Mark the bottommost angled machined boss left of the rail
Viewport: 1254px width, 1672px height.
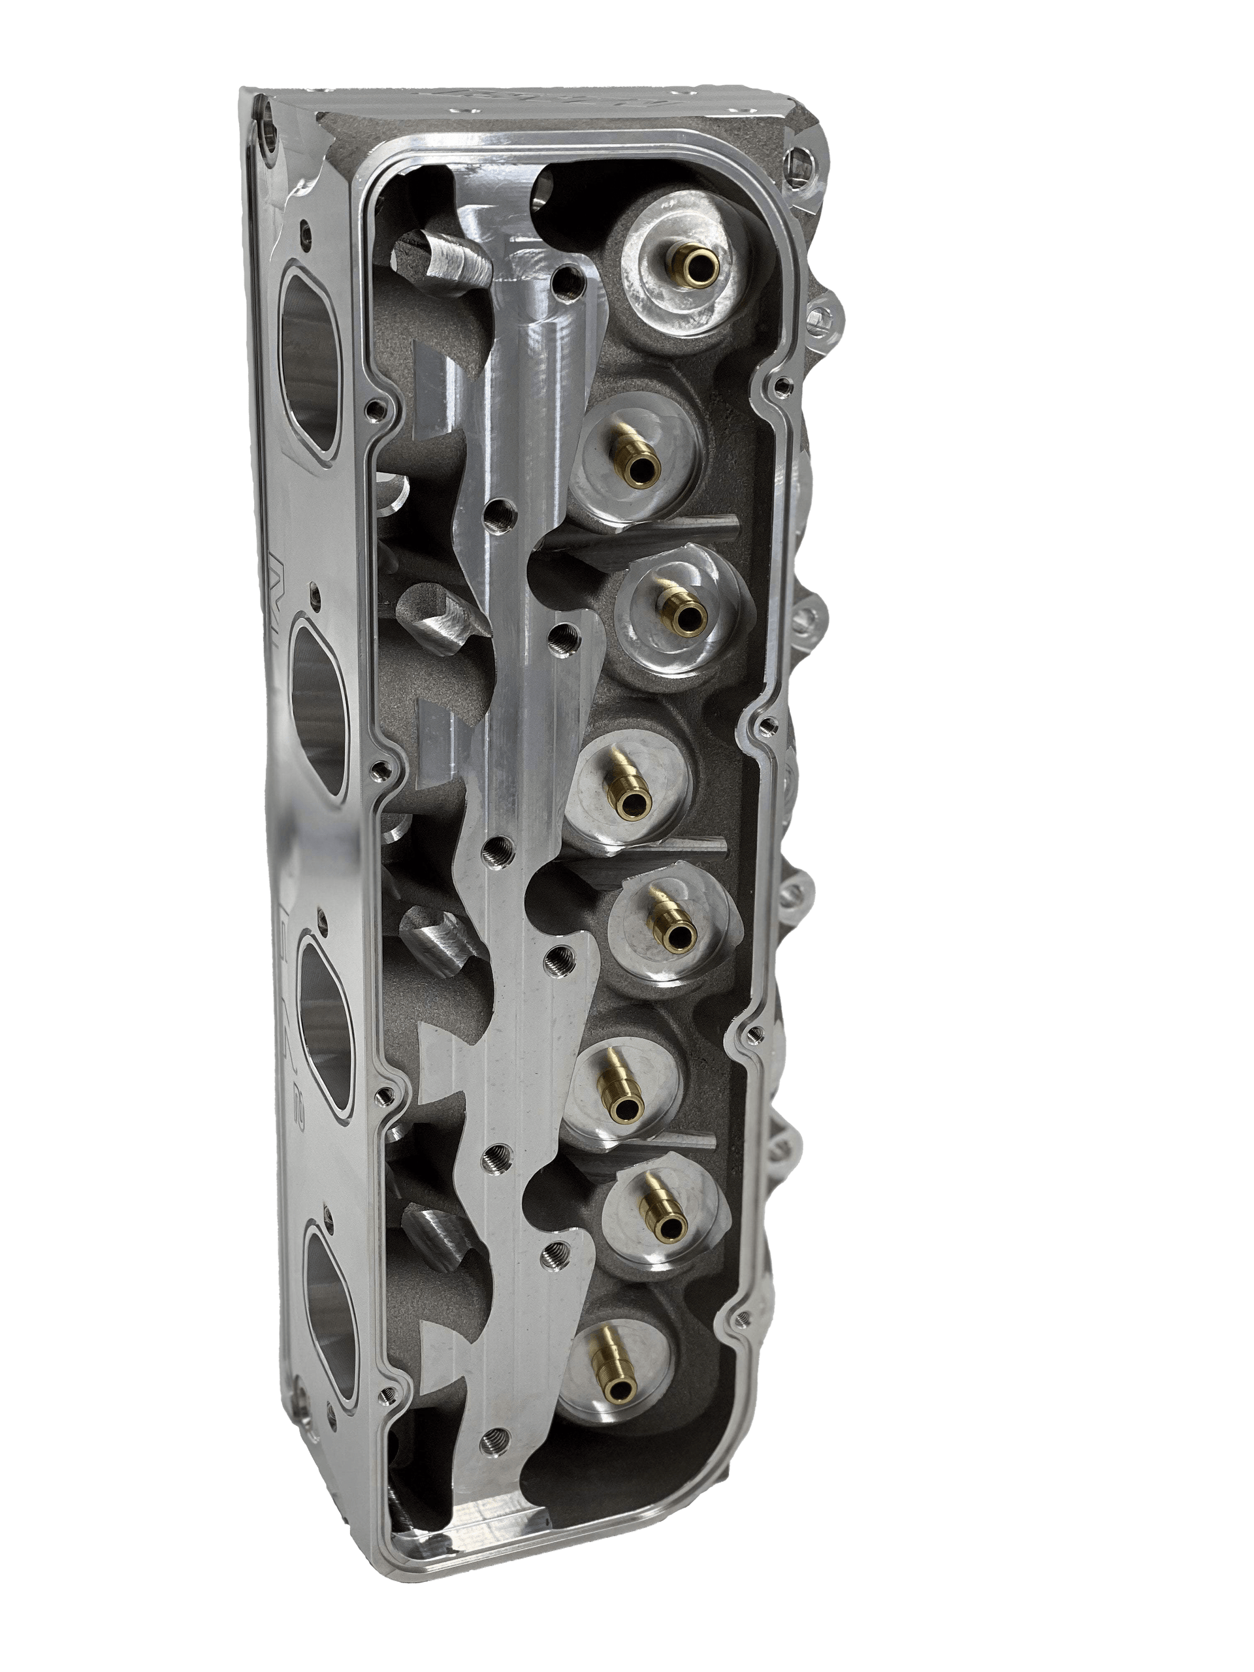click(x=436, y=1255)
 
